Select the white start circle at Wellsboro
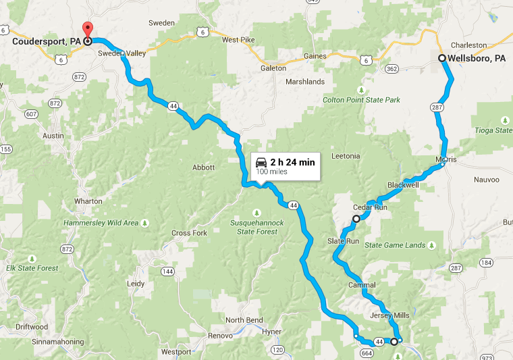point(441,58)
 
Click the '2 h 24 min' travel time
point(292,162)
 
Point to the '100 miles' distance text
point(273,172)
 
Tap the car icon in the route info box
point(261,162)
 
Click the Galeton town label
point(273,68)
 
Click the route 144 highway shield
point(167,271)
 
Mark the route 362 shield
point(392,69)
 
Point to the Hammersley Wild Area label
point(101,223)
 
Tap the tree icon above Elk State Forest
point(32,259)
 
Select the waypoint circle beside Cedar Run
point(356,219)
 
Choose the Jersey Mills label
point(389,315)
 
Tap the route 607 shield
point(32,114)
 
